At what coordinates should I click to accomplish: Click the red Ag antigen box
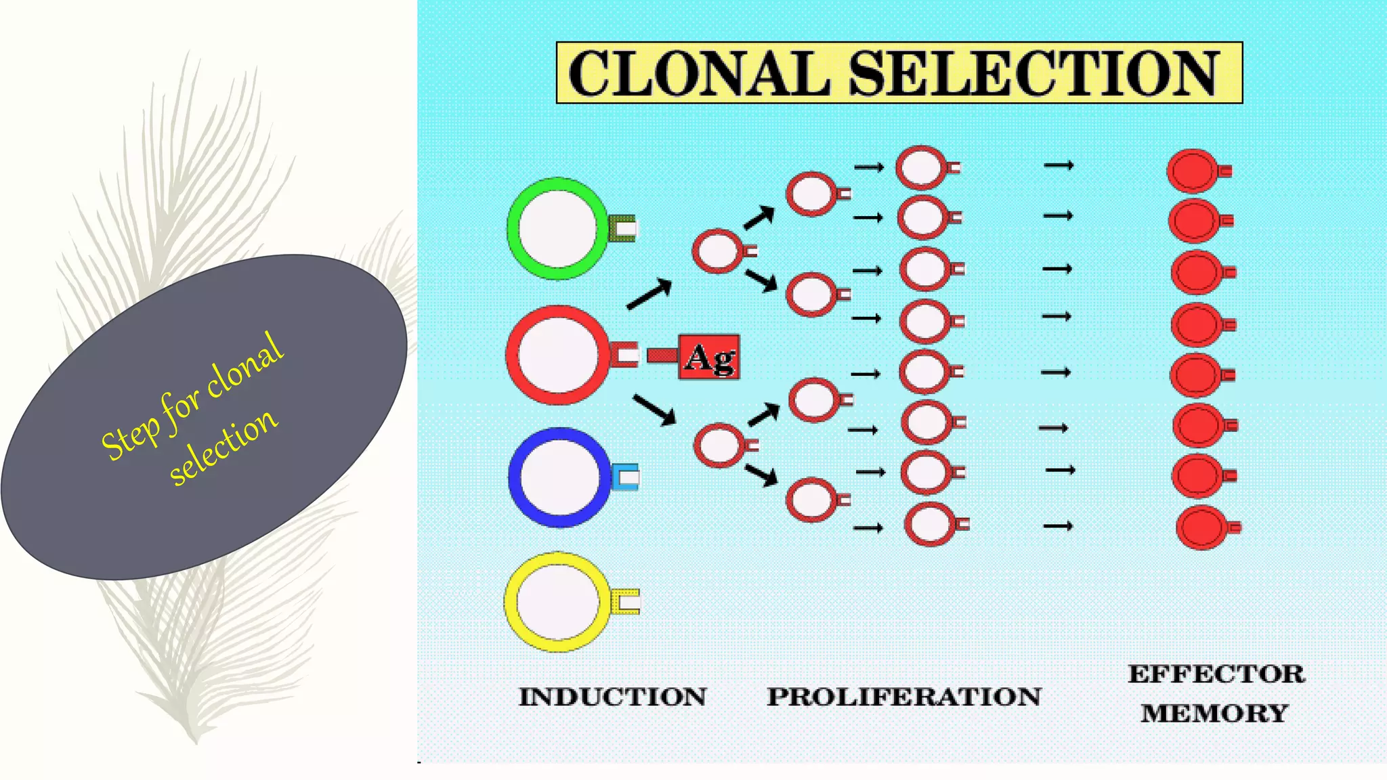pyautogui.click(x=708, y=357)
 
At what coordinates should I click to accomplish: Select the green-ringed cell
pyautogui.click(x=557, y=229)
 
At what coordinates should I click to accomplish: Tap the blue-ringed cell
pyautogui.click(x=559, y=477)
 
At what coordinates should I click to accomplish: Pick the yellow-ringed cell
pyautogui.click(x=557, y=602)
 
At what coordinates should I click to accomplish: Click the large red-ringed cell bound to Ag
pyautogui.click(x=558, y=355)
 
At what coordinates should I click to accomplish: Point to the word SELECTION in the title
pyautogui.click(x=1033, y=73)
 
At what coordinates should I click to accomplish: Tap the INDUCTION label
pyautogui.click(x=612, y=697)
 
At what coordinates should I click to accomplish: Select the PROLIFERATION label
pyautogui.click(x=903, y=697)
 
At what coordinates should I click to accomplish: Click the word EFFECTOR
pyautogui.click(x=1216, y=674)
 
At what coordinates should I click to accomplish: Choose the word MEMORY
pyautogui.click(x=1214, y=713)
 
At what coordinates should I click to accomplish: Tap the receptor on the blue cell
pyautogui.click(x=626, y=477)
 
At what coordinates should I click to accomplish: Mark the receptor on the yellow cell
pyautogui.click(x=626, y=602)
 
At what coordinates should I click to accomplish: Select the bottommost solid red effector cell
pyautogui.click(x=1203, y=527)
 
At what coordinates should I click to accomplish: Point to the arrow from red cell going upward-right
pyautogui.click(x=649, y=295)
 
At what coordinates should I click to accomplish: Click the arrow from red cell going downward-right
pyautogui.click(x=654, y=410)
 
